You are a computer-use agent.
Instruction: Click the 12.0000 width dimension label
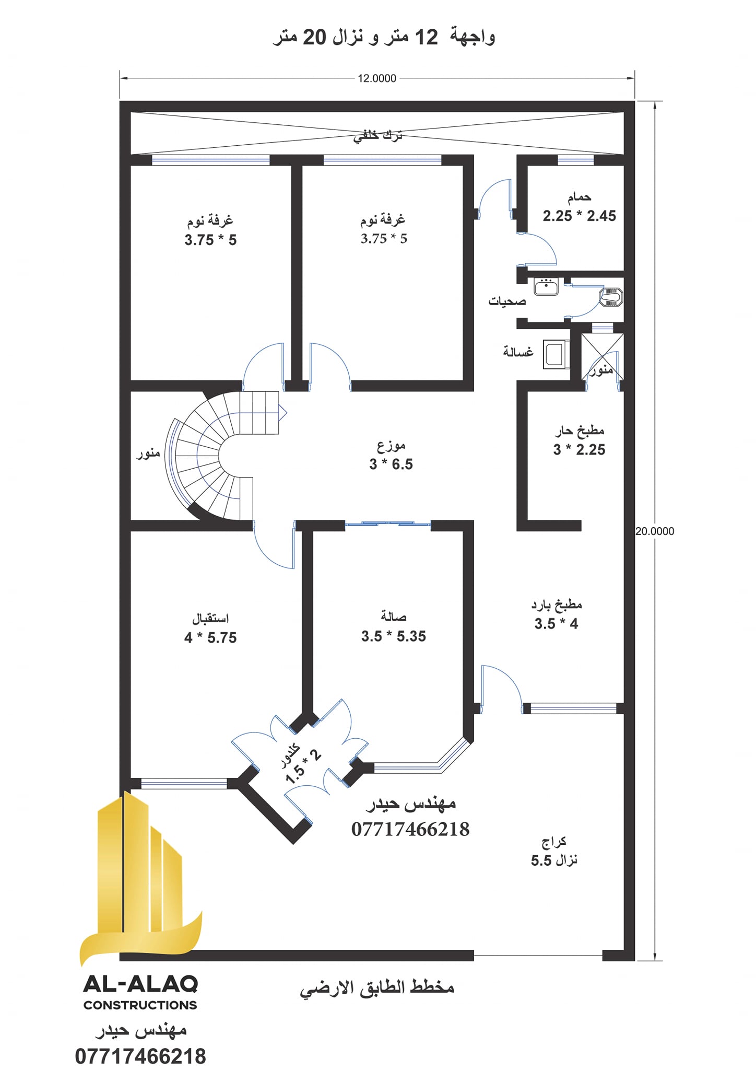point(377,78)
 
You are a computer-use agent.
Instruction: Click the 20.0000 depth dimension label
point(655,531)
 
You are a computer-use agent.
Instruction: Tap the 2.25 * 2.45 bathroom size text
point(579,216)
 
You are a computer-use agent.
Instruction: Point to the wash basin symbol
point(546,286)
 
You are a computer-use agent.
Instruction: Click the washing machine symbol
point(556,354)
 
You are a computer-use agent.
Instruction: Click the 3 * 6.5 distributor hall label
point(391,464)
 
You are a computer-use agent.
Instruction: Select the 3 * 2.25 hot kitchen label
point(579,449)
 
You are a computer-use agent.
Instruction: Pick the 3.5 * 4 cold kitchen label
point(556,623)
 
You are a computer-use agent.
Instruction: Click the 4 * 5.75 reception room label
point(210,637)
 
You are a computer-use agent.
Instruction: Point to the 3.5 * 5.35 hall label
point(394,636)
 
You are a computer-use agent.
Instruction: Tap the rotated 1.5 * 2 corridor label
point(303,766)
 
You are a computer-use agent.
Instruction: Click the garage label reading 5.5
point(541,860)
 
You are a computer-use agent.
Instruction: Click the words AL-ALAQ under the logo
point(140,984)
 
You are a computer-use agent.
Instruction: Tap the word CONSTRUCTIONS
point(140,1005)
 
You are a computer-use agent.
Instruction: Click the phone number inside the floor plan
point(410,829)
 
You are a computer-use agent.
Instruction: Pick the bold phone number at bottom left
point(140,1056)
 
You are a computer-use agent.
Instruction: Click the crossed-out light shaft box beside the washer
point(603,357)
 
